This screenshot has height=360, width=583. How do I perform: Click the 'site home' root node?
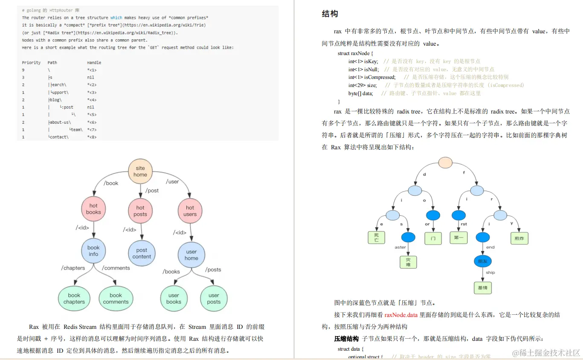140,171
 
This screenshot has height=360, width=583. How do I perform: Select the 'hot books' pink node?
93,209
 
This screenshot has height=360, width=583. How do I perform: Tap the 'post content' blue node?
142,253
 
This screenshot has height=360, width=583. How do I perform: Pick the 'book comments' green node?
116,298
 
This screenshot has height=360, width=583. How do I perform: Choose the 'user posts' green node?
214,298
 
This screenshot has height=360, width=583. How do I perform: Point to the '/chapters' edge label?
73,268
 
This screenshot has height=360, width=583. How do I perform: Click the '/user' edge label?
172,182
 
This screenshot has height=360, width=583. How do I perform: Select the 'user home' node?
191,255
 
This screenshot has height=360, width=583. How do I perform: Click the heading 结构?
330,14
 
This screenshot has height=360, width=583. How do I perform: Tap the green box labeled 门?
433,238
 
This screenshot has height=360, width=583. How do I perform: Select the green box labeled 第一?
458,238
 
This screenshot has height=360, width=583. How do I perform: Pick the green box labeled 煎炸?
519,238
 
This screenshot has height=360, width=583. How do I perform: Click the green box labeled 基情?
483,287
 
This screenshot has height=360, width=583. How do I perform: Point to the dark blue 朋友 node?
482,261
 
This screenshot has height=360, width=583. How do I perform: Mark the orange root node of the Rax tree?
445,162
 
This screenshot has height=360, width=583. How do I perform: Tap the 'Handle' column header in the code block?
94,63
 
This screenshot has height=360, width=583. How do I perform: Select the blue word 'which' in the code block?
116,17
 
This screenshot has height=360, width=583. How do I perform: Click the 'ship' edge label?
490,272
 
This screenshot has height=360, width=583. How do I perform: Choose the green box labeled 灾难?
408,261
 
